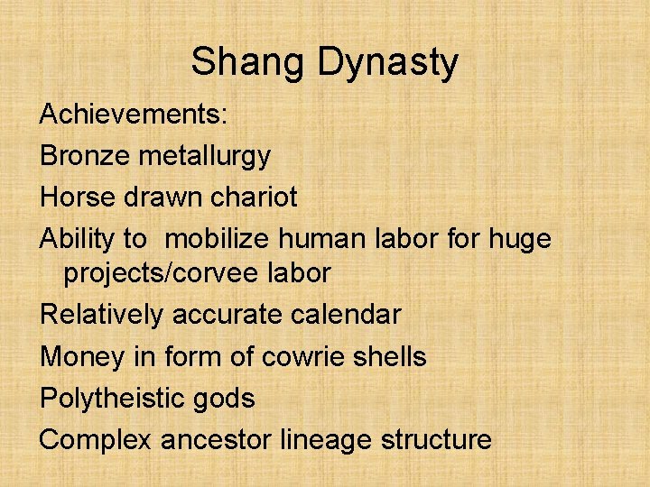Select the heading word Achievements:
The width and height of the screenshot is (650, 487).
click(x=135, y=115)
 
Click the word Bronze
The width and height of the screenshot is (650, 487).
click(x=85, y=156)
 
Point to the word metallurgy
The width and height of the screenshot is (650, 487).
click(x=204, y=156)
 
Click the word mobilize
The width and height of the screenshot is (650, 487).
click(x=223, y=238)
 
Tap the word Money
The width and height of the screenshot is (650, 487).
click(x=81, y=356)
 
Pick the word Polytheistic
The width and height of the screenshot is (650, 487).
click(x=116, y=398)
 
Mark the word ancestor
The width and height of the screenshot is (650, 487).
click(x=218, y=439)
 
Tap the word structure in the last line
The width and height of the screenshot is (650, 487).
click(x=436, y=439)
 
